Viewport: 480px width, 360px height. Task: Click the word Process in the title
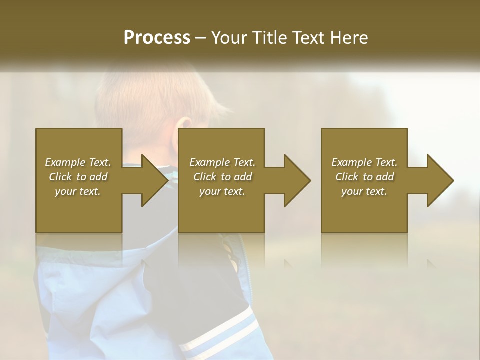point(157,37)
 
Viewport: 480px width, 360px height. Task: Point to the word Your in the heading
point(230,37)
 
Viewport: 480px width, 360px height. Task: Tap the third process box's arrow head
point(439,180)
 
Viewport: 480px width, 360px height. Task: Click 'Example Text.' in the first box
point(78,162)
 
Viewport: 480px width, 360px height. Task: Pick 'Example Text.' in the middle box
point(222,162)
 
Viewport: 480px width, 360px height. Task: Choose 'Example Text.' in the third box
point(364,162)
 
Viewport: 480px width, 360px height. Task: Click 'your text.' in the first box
point(78,191)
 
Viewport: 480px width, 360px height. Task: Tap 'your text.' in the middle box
point(222,191)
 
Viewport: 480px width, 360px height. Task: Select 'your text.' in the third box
point(364,191)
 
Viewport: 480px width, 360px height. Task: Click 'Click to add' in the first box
point(78,177)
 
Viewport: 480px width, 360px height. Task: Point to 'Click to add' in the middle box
point(222,177)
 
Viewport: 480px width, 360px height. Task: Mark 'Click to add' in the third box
point(364,177)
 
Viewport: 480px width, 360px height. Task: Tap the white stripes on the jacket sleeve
point(220,330)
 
